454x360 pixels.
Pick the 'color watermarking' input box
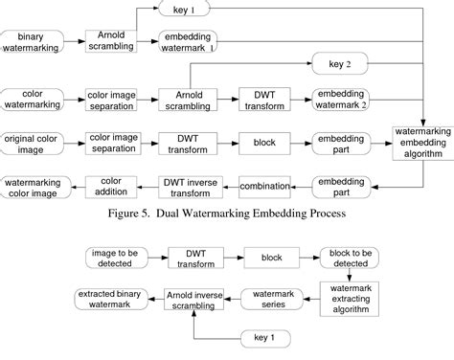(33, 100)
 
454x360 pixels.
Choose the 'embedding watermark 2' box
(340, 100)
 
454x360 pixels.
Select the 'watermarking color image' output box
(33, 185)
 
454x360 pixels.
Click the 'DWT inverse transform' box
(189, 185)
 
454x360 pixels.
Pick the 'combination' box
(264, 185)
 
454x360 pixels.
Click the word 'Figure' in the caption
(131, 214)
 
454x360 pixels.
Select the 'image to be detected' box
(113, 258)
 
